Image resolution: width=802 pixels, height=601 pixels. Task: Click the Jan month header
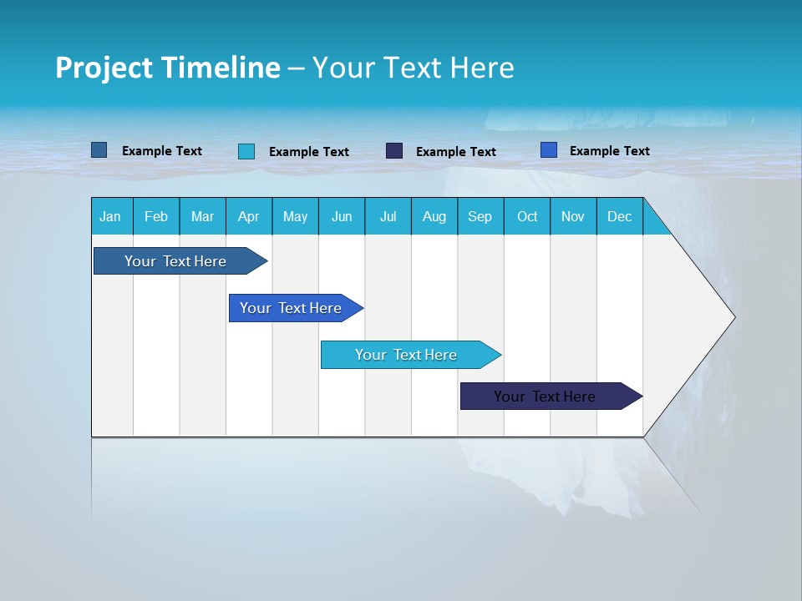(111, 216)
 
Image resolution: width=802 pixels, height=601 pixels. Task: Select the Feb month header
(156, 216)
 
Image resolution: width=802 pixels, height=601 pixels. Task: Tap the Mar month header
(202, 216)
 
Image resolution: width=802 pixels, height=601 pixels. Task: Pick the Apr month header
(249, 216)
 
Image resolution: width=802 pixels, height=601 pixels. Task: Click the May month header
(295, 216)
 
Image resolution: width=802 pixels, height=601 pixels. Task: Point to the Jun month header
(342, 216)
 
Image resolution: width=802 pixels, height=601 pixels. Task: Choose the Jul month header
(388, 216)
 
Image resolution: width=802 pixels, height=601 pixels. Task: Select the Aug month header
(434, 216)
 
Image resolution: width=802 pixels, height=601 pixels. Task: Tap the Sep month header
(480, 216)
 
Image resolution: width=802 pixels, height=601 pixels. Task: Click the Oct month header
(527, 216)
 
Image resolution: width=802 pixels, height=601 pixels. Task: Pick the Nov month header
(573, 216)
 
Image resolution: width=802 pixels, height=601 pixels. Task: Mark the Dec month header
(620, 216)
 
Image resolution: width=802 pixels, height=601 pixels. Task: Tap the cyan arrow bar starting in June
(407, 355)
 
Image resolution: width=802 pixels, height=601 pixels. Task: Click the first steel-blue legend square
(99, 150)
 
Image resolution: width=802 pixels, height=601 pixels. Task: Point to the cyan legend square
(246, 151)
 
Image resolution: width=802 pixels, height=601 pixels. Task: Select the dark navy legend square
(394, 151)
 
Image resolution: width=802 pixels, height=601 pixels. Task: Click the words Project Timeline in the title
(168, 68)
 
